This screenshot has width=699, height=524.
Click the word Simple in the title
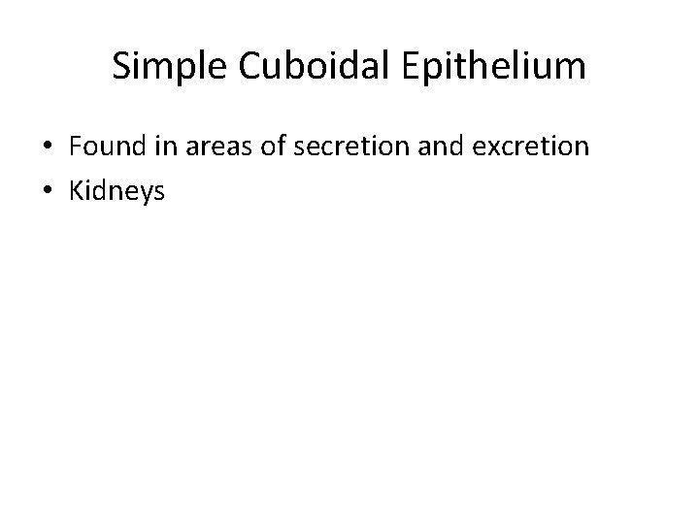(161, 66)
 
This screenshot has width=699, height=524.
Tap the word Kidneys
(116, 192)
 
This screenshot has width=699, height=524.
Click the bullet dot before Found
(46, 147)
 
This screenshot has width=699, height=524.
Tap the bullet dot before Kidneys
(46, 192)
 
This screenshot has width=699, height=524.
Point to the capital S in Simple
(122, 66)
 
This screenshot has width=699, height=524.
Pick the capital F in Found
(75, 147)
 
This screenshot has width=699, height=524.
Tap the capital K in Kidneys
(75, 191)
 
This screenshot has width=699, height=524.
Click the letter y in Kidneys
(147, 195)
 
